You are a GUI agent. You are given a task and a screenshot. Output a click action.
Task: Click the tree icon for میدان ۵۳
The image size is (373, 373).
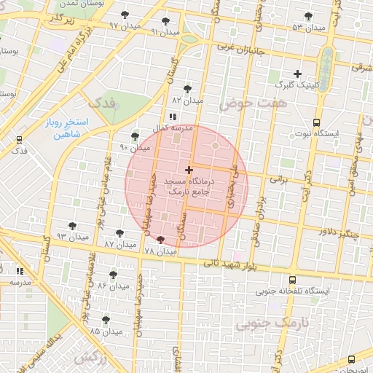[x=308, y=16]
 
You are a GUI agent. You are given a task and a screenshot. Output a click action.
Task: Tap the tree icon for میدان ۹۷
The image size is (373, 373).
[x=127, y=15]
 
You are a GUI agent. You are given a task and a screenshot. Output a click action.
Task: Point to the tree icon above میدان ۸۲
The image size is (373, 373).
[x=188, y=89]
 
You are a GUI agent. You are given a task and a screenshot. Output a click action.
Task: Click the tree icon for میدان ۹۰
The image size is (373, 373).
[x=135, y=136]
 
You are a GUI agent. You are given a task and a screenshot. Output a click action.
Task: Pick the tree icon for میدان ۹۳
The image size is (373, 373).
[x=72, y=226]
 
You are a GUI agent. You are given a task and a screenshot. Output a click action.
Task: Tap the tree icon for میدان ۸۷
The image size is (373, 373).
[x=120, y=234]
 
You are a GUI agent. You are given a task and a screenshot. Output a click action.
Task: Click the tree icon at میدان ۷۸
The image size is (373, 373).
[x=160, y=240]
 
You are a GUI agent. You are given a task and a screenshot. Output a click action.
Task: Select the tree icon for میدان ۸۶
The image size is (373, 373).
[x=113, y=275]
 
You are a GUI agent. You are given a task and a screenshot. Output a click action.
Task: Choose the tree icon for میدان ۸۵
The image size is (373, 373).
[x=106, y=319]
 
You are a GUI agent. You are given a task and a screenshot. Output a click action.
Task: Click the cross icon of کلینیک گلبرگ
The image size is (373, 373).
[x=297, y=74]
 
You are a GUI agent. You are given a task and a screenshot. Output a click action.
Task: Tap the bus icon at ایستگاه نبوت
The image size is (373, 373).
[x=315, y=123]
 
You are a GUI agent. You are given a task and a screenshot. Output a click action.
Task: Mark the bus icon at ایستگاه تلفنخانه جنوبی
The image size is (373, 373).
[x=292, y=280]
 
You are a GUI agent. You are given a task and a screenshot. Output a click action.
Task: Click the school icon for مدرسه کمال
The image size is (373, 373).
[x=171, y=117]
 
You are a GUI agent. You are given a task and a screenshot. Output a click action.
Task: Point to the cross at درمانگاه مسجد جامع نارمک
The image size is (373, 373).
[x=189, y=170]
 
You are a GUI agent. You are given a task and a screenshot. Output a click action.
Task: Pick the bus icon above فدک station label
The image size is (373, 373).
[x=18, y=140]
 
